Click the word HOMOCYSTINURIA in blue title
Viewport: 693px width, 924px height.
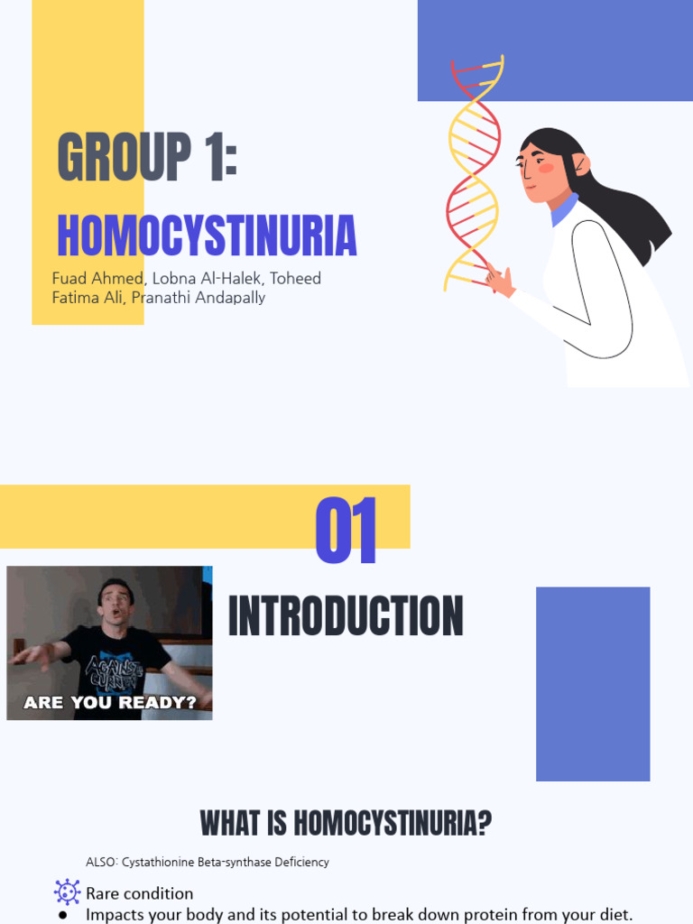207,236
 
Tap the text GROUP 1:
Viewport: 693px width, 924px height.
147,158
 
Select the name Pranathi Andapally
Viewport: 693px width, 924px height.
199,297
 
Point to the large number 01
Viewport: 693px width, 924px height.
346,531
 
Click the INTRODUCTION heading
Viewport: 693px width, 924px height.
346,617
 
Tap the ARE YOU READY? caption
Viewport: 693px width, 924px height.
110,702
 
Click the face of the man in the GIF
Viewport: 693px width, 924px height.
115,602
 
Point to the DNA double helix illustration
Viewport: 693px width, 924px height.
473,171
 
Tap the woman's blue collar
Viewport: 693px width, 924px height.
564,211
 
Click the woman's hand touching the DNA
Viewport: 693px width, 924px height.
499,281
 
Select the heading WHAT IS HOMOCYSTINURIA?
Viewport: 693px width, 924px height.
346,823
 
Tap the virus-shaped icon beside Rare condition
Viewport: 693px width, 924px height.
67,892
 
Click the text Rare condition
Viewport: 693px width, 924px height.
139,893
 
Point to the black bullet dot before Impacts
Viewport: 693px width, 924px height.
62,915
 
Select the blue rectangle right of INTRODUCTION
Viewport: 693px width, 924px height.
593,683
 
